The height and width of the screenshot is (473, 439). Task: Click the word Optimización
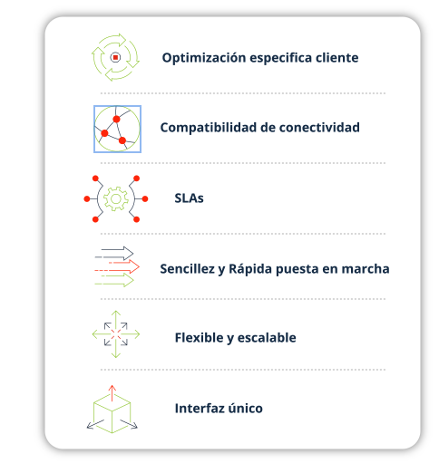pyautogui.click(x=204, y=58)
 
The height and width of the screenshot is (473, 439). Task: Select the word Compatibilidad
pyautogui.click(x=208, y=128)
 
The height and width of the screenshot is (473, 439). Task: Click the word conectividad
pyautogui.click(x=319, y=128)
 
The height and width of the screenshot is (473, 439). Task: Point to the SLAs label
pyautogui.click(x=189, y=198)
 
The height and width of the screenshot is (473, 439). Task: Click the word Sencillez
pyautogui.click(x=187, y=269)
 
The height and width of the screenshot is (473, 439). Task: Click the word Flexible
pyautogui.click(x=199, y=337)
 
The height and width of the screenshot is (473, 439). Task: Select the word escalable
pyautogui.click(x=267, y=337)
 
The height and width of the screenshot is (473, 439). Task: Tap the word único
pyautogui.click(x=245, y=408)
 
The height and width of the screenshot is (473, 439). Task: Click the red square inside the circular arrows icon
pyautogui.click(x=115, y=57)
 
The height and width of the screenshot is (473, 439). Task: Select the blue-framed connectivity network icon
pyautogui.click(x=117, y=129)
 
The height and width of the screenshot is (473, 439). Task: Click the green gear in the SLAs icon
pyautogui.click(x=116, y=198)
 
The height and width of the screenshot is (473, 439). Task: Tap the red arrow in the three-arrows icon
pyautogui.click(x=117, y=267)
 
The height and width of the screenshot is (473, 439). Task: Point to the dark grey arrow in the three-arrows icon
pyautogui.click(x=114, y=253)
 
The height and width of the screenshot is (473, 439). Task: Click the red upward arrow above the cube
pyautogui.click(x=112, y=393)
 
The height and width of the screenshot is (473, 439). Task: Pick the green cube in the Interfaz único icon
pyautogui.click(x=112, y=413)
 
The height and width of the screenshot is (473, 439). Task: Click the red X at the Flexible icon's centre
pyautogui.click(x=116, y=334)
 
